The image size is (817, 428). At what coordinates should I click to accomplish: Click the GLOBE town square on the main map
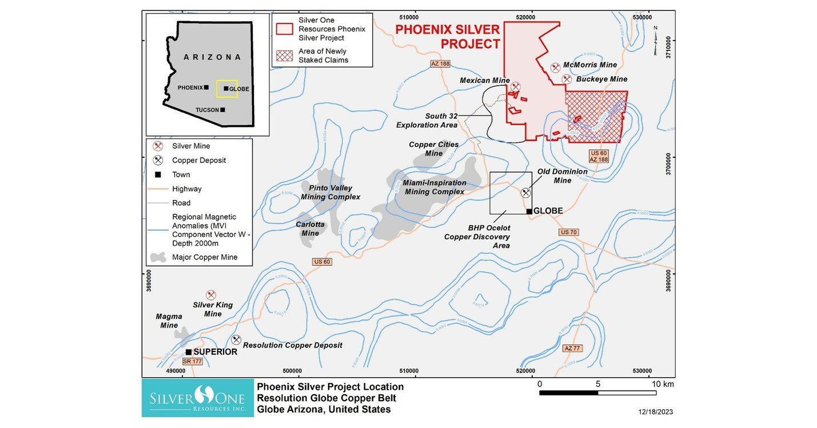pos(530,211)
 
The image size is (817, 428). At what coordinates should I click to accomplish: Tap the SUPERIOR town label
pos(215,352)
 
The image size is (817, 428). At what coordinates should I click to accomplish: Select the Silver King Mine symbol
pos(211,295)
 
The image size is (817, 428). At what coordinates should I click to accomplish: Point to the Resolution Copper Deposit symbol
pos(236,340)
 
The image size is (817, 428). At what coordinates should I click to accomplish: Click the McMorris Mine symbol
pos(555,67)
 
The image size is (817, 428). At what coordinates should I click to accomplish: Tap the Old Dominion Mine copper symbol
pos(526,193)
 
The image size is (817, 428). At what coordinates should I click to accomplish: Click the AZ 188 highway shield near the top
pos(441,63)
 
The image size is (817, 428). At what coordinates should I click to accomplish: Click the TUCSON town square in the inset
pos(223,110)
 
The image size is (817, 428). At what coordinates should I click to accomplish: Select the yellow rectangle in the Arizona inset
pos(226,88)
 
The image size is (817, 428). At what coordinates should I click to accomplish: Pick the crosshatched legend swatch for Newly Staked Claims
pos(284,56)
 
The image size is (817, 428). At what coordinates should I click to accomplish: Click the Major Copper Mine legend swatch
pos(158,258)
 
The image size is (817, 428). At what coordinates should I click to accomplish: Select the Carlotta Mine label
pos(310,229)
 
